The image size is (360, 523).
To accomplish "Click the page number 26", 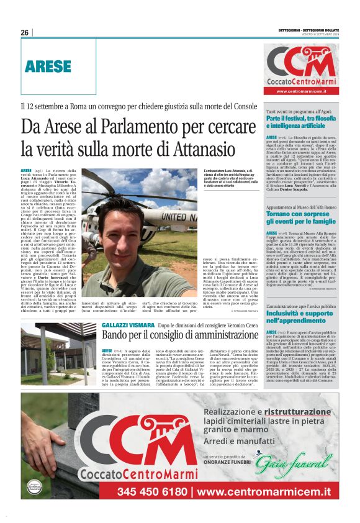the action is coord(24,32).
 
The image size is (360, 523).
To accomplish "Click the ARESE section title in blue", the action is coord(48,66).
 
